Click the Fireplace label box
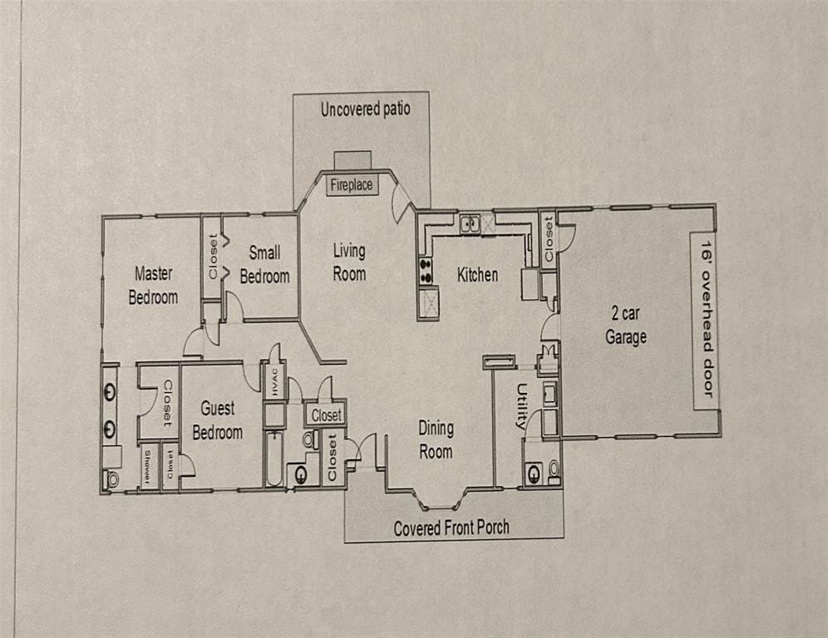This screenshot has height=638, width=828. pyautogui.click(x=351, y=185)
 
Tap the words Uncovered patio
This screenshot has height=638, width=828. pyautogui.click(x=365, y=109)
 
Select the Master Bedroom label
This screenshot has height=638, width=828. pyautogui.click(x=153, y=285)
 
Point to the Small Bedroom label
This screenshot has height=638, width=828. pyautogui.click(x=264, y=264)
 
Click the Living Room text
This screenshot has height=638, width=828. pyautogui.click(x=349, y=261)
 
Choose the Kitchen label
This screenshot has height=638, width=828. pyautogui.click(x=477, y=274)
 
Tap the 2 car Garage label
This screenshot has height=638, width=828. pyautogui.click(x=625, y=326)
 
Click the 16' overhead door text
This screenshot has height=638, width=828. pyautogui.click(x=706, y=321)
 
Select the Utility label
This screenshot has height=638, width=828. pyautogui.click(x=522, y=405)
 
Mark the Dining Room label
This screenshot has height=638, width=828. pyautogui.click(x=436, y=439)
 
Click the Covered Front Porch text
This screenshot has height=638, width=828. pyautogui.click(x=451, y=528)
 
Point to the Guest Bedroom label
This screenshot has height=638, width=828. pyautogui.click(x=217, y=420)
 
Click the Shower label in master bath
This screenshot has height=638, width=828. pyautogui.click(x=147, y=467)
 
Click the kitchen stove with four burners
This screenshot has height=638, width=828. pyautogui.click(x=426, y=269)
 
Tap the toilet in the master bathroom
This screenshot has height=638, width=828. pyautogui.click(x=111, y=478)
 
